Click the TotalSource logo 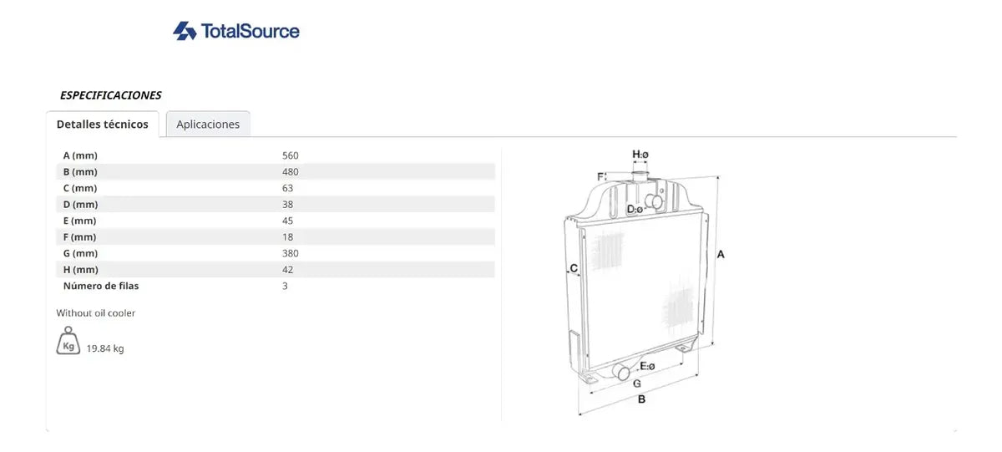[x=236, y=31]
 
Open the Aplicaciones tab [x=208, y=124]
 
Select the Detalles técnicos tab [x=103, y=124]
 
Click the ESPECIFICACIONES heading [x=110, y=95]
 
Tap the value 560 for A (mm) [x=291, y=155]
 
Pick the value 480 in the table [x=291, y=172]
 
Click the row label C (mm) [x=80, y=188]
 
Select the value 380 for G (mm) [x=291, y=253]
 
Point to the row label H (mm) [x=80, y=269]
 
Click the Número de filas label [x=101, y=286]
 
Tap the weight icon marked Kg [x=68, y=341]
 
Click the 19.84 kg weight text [x=105, y=348]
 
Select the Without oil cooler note [x=96, y=312]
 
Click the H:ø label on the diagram [x=640, y=155]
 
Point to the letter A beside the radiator [x=721, y=254]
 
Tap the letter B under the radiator [x=641, y=399]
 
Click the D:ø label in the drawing [x=635, y=209]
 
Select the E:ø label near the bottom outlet [x=647, y=366]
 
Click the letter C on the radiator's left [x=574, y=267]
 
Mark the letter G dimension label [x=637, y=383]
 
